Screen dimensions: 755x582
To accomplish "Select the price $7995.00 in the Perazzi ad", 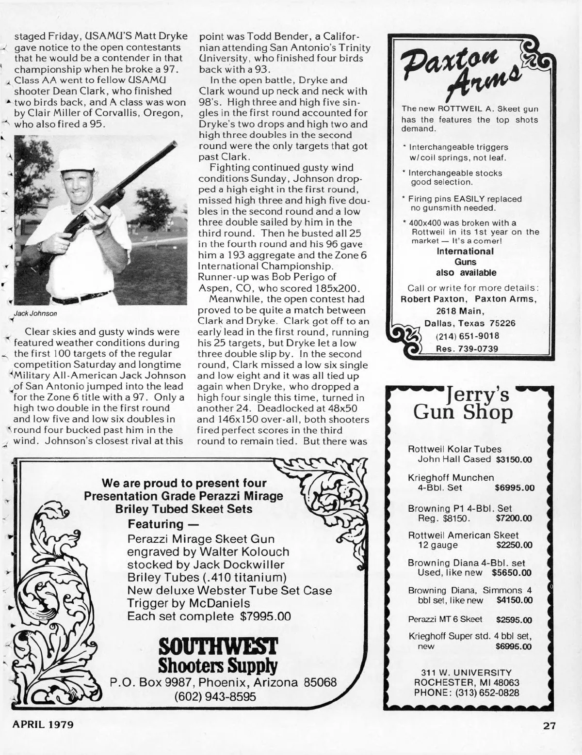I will pos(266,616).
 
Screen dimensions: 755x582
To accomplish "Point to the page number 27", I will pos(549,726).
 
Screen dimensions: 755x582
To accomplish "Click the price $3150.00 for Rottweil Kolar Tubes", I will pos(514,459).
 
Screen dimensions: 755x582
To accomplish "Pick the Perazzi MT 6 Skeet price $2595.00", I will pos(514,620).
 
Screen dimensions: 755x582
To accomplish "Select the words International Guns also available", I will pos(465,262).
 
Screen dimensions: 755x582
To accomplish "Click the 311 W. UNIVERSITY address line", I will pos(466,673).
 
